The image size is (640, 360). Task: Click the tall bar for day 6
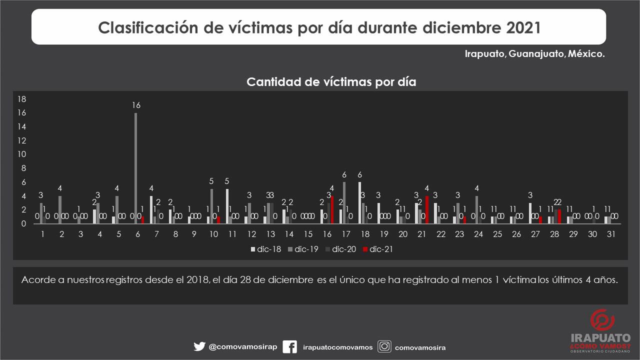135,168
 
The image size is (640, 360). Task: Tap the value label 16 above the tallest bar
136,105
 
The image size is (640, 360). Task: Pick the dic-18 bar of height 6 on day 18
359,203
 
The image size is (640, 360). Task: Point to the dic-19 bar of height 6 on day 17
344,203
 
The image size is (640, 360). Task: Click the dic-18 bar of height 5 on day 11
227,206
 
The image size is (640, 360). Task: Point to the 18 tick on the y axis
21,99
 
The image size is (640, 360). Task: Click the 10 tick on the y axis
21,154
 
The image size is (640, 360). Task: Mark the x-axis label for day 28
554,233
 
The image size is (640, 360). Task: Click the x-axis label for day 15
308,233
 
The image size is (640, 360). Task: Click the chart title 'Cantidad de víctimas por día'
331,82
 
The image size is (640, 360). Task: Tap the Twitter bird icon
199,346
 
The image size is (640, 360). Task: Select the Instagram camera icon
384,346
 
